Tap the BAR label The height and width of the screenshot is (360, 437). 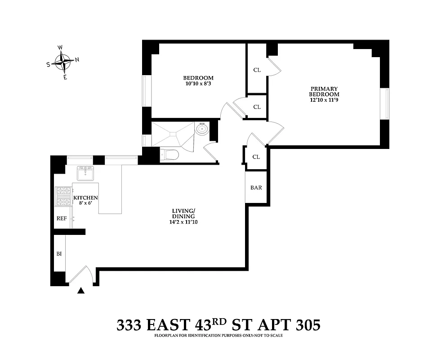(x=256, y=188)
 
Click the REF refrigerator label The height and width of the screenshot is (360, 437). (x=61, y=218)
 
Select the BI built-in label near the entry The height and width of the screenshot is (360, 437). (x=59, y=254)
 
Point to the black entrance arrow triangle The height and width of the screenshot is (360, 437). (x=81, y=291)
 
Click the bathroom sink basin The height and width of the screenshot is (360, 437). (x=202, y=130)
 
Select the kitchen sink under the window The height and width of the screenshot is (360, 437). (x=85, y=173)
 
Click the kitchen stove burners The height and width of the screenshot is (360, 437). (x=63, y=197)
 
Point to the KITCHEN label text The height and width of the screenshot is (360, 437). (x=85, y=198)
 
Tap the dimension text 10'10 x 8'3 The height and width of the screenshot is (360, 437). (x=198, y=84)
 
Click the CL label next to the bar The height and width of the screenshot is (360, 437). (x=256, y=157)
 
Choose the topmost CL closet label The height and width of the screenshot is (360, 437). (x=257, y=70)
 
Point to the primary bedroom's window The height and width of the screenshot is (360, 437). (x=385, y=104)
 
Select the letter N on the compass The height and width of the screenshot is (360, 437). (x=77, y=59)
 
